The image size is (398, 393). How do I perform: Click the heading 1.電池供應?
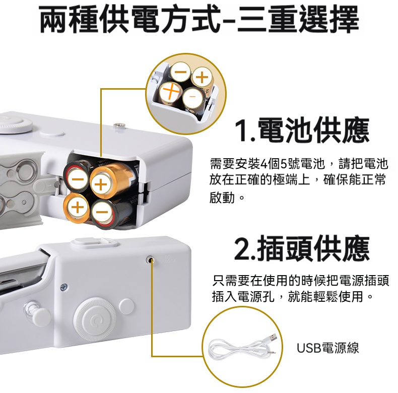click(x=302, y=130)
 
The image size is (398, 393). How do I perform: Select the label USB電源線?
click(x=328, y=348)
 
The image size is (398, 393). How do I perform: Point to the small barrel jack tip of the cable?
click(x=273, y=352)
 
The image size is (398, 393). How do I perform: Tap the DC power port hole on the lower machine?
click(x=150, y=259)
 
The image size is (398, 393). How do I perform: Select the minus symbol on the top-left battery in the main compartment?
click(x=78, y=179)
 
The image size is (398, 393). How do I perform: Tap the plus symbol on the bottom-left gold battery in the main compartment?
click(x=77, y=207)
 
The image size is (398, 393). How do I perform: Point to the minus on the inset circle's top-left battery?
click(x=181, y=72)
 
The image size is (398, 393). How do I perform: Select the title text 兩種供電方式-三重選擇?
click(x=200, y=20)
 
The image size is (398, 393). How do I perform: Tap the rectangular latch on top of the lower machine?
click(x=94, y=243)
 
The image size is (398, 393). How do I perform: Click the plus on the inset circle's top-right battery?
click(x=203, y=77)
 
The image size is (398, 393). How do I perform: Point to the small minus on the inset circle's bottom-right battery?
click(x=192, y=96)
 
